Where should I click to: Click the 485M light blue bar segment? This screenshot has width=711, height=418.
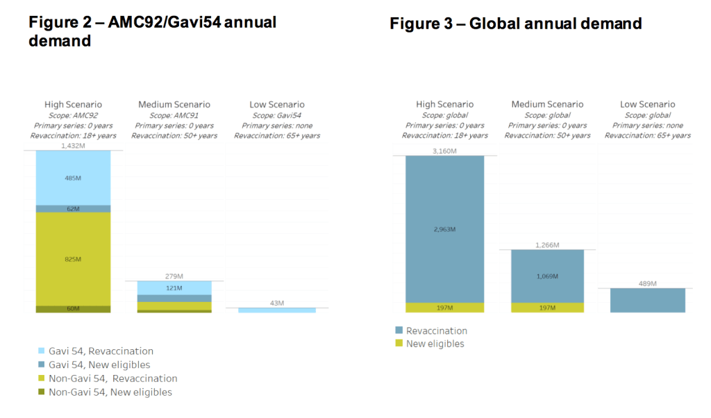73,178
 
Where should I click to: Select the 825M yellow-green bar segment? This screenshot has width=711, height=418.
73,258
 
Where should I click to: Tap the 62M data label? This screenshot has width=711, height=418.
73,209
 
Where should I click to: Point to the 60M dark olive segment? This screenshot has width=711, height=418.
73,309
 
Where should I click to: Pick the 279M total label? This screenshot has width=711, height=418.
174,276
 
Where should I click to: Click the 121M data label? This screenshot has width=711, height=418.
174,287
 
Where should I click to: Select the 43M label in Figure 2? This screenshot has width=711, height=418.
276,303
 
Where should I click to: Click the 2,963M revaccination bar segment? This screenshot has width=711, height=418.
444,229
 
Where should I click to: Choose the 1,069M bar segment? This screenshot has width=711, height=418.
547,276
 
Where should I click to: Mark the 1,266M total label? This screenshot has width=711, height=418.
547,244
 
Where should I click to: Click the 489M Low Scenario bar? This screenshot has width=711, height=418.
648,300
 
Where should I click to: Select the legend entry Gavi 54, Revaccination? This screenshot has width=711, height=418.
101,351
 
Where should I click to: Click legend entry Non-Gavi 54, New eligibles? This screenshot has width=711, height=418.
110,392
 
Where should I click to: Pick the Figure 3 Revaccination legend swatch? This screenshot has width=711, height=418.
399,331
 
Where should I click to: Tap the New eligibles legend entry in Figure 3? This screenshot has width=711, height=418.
435,344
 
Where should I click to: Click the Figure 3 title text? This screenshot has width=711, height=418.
515,24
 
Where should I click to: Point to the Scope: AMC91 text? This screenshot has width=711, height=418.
174,115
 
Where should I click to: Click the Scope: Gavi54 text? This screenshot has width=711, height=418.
276,115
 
